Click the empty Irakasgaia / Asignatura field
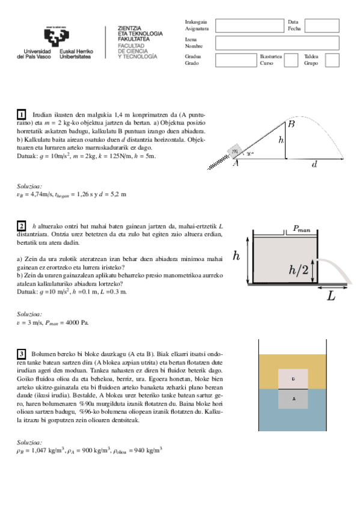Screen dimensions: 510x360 [249, 25]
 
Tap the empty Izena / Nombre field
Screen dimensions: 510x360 [277, 43]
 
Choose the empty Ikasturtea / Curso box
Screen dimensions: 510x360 [290, 60]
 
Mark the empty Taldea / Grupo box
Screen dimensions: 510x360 [332, 60]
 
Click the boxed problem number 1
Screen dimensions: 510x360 [22, 114]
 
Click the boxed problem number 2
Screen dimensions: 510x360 [22, 226]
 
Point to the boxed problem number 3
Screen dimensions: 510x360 [22, 354]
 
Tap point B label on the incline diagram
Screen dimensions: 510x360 [291, 124]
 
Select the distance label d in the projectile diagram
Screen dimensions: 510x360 [314, 164]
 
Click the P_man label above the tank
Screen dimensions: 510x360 [302, 228]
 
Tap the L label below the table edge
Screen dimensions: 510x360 [331, 296]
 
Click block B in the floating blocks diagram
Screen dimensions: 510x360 [293, 379]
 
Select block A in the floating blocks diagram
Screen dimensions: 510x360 [293, 399]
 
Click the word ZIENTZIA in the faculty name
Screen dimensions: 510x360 [130, 28]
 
